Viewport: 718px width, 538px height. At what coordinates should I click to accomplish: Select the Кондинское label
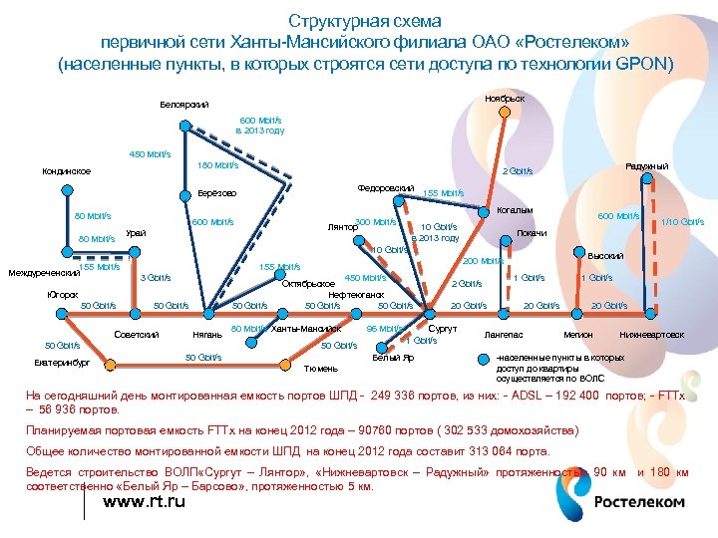coord(67,171)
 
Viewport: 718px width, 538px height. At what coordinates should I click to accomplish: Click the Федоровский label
coord(385,188)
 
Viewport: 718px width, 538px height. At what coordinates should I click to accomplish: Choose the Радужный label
coord(646,165)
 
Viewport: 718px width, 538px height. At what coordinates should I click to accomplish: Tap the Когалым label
coord(515,210)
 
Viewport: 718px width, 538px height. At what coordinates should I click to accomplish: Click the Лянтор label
coord(343,227)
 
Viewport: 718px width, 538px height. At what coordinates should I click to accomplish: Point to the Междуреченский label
coord(42,272)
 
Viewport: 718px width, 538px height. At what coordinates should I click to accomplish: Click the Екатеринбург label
coord(60,363)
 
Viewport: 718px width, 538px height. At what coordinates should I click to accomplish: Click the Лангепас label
coord(504,335)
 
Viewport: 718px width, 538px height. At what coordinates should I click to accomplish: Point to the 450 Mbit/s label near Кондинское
coord(151,154)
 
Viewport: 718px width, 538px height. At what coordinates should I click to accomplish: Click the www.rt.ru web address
coord(145,501)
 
